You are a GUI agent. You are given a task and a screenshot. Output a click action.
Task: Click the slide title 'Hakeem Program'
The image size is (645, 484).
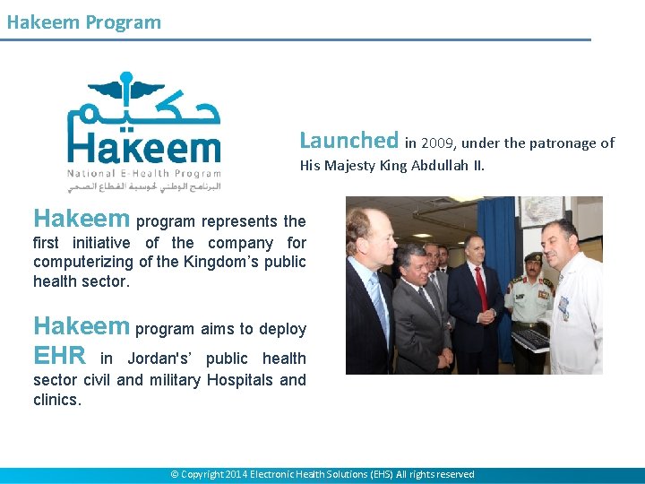(x=83, y=22)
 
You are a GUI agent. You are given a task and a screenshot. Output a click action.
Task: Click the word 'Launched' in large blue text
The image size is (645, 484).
(x=348, y=141)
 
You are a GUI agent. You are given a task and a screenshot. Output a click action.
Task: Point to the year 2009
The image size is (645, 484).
(x=438, y=143)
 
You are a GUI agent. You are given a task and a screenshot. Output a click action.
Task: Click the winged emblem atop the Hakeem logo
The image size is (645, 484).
(x=125, y=89)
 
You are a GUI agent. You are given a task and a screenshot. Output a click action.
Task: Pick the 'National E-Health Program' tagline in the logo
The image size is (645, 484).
(x=143, y=172)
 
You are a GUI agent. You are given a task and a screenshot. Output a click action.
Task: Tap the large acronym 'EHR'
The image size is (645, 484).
(x=59, y=357)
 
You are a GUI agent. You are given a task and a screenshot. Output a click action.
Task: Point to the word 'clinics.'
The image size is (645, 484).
(x=57, y=400)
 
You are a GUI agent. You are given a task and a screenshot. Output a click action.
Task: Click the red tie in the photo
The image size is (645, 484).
(x=482, y=288)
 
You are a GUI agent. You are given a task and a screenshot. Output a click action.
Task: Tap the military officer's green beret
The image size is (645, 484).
(x=533, y=257)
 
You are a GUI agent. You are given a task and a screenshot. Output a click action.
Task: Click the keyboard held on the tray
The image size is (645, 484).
(x=530, y=340)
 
